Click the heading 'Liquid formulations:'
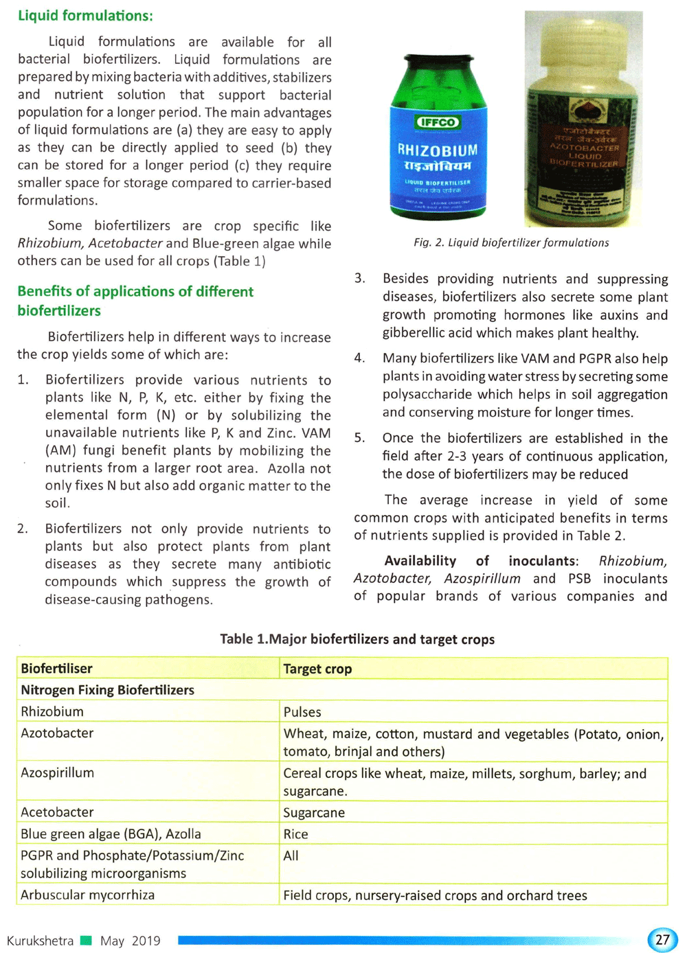pyautogui.click(x=85, y=16)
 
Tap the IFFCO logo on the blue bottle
pyautogui.click(x=437, y=122)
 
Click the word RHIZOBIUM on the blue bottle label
pyautogui.click(x=437, y=150)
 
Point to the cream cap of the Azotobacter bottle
pyautogui.click(x=584, y=34)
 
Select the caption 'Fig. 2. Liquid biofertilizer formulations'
pyautogui.click(x=511, y=242)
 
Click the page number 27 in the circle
pyautogui.click(x=662, y=940)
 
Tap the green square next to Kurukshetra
pyautogui.click(x=86, y=940)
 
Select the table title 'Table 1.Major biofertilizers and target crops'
pyautogui.click(x=357, y=639)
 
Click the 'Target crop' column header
pyautogui.click(x=317, y=669)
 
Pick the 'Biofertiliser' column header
pyautogui.click(x=56, y=669)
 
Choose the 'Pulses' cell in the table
pyautogui.click(x=302, y=712)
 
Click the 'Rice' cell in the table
pyautogui.click(x=295, y=834)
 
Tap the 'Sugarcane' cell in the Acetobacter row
pyautogui.click(x=314, y=813)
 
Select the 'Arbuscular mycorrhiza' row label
pyautogui.click(x=87, y=895)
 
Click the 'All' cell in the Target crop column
pyautogui.click(x=291, y=856)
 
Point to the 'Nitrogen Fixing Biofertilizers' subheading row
pyautogui.click(x=107, y=690)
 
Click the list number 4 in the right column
pyautogui.click(x=359, y=358)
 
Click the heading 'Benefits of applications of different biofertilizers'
pyautogui.click(x=135, y=301)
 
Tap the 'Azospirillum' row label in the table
pyautogui.click(x=57, y=773)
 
